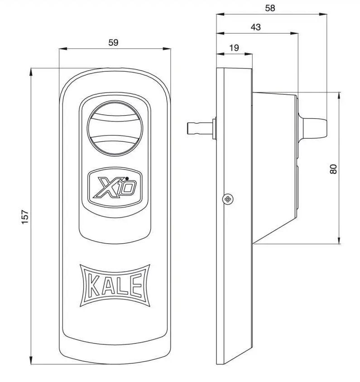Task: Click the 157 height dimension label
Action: [25, 216]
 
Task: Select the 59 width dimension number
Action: [113, 43]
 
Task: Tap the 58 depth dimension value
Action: [270, 8]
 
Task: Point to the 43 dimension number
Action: [255, 27]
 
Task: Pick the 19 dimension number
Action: [234, 48]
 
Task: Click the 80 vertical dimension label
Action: [334, 169]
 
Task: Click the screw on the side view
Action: [228, 198]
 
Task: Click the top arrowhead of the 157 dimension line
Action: [31, 71]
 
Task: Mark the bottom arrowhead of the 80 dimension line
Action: [339, 241]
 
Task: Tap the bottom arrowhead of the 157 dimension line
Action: [31, 361]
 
